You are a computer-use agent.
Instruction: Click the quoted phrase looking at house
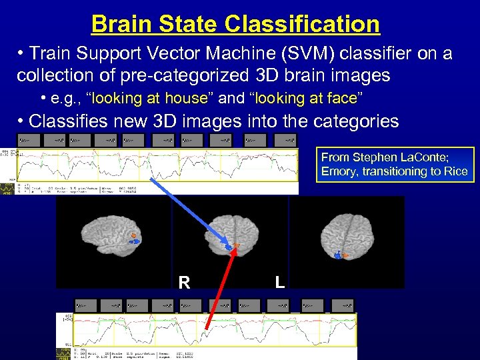(x=151, y=99)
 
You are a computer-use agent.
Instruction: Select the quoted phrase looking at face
(x=306, y=99)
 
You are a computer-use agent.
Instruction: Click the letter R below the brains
(x=184, y=283)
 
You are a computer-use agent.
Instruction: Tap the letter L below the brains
(x=280, y=283)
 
